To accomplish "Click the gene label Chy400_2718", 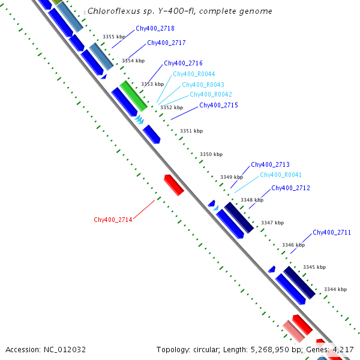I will (x=155, y=28).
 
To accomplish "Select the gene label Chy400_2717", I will (x=166, y=43).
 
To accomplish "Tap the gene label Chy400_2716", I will (x=183, y=63).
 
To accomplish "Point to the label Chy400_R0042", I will (x=211, y=94).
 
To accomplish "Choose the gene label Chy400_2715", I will (x=218, y=105).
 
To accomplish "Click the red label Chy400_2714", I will (x=113, y=220).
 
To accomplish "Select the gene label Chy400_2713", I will (x=270, y=164).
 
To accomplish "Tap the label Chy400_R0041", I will (x=281, y=175).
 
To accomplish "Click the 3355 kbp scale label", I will (x=113, y=37).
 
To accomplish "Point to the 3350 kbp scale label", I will (x=209, y=154).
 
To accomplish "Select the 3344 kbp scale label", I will (x=335, y=289).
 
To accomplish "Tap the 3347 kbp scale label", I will (x=272, y=223).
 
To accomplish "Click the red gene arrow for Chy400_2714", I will (x=173, y=185).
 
